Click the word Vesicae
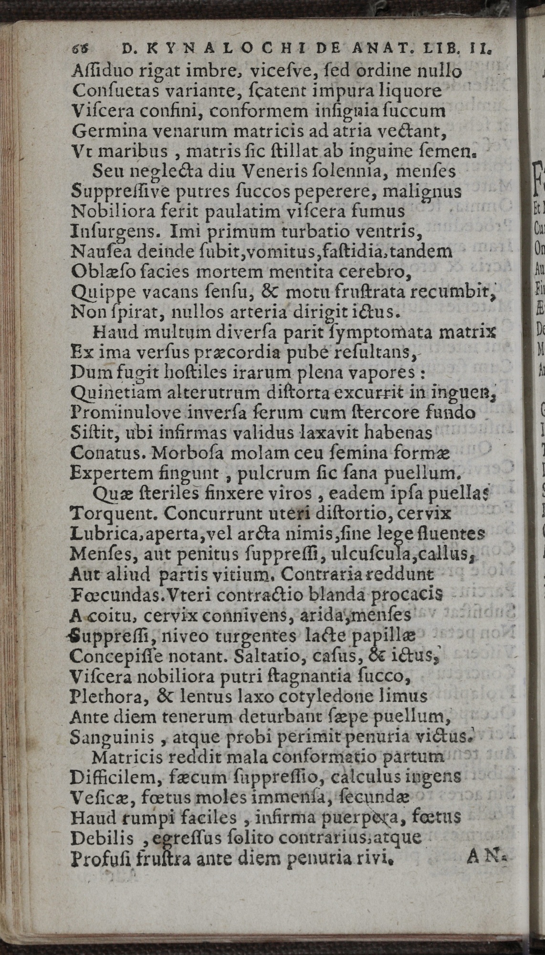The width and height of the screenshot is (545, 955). click(x=97, y=798)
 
